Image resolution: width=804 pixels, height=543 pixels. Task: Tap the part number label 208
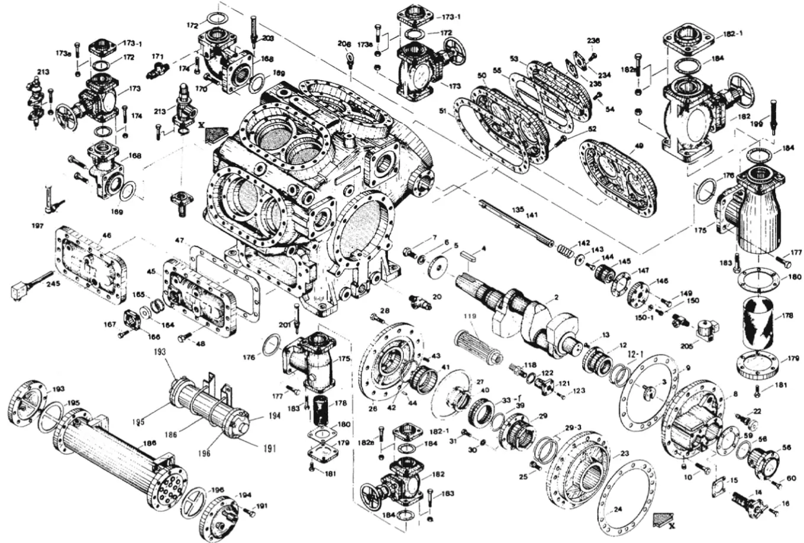click(344, 44)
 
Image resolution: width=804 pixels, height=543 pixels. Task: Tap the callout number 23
click(624, 454)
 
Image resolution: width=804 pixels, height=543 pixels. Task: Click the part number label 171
click(157, 56)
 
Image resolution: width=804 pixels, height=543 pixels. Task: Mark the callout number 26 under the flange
click(372, 408)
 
